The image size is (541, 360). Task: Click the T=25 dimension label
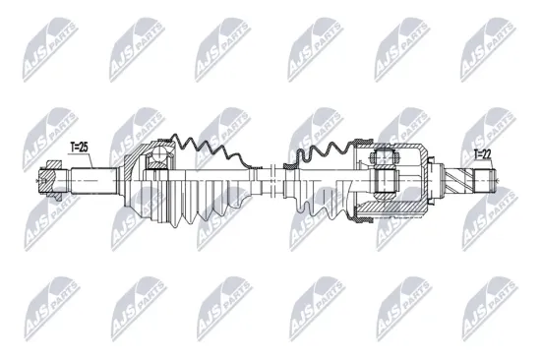(x=79, y=148)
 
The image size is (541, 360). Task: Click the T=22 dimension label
(x=482, y=153)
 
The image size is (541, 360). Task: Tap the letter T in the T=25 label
(x=72, y=148)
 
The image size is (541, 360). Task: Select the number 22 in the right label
(x=487, y=153)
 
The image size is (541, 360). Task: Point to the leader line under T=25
(x=79, y=159)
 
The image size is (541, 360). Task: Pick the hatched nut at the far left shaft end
(x=49, y=182)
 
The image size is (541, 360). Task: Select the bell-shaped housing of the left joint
(x=138, y=182)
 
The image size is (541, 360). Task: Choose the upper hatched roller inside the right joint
(x=387, y=157)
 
